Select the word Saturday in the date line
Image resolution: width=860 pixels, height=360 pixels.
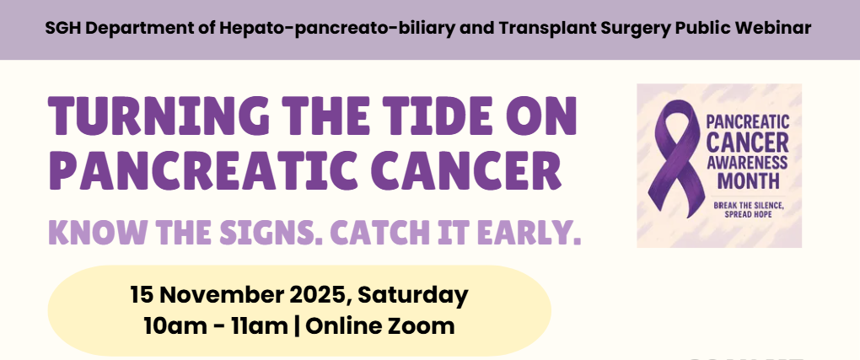click(413, 295)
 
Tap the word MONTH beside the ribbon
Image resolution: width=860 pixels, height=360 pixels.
click(748, 180)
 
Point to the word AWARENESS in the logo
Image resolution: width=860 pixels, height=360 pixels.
click(747, 163)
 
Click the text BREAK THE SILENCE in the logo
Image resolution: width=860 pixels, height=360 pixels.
click(749, 206)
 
